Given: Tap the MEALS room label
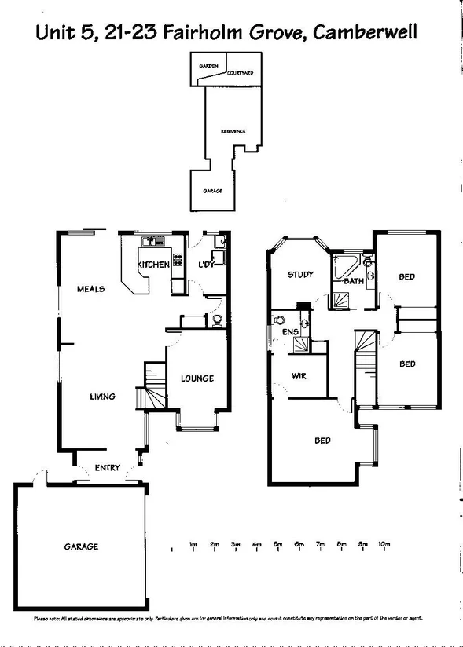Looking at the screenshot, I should pyautogui.click(x=91, y=289).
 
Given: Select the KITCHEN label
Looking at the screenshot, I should pyautogui.click(x=153, y=265).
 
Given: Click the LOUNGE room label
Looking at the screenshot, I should pyautogui.click(x=197, y=378).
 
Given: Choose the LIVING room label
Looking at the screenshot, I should pyautogui.click(x=101, y=397).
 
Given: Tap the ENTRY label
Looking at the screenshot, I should pyautogui.click(x=108, y=469).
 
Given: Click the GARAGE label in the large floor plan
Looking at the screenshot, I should pyautogui.click(x=81, y=546).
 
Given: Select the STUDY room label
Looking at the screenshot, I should pyautogui.click(x=300, y=275).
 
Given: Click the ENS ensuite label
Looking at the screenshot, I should pyautogui.click(x=289, y=333).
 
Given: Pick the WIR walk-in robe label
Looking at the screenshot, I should pyautogui.click(x=298, y=377).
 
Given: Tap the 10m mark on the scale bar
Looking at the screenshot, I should pyautogui.click(x=384, y=544).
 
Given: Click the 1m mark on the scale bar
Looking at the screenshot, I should pyautogui.click(x=193, y=544).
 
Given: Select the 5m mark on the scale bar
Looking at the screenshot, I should pyautogui.click(x=277, y=544).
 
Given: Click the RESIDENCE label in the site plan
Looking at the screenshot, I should pyautogui.click(x=233, y=131).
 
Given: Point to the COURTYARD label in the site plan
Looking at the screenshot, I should pyautogui.click(x=239, y=72).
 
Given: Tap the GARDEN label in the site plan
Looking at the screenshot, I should pyautogui.click(x=208, y=67).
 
